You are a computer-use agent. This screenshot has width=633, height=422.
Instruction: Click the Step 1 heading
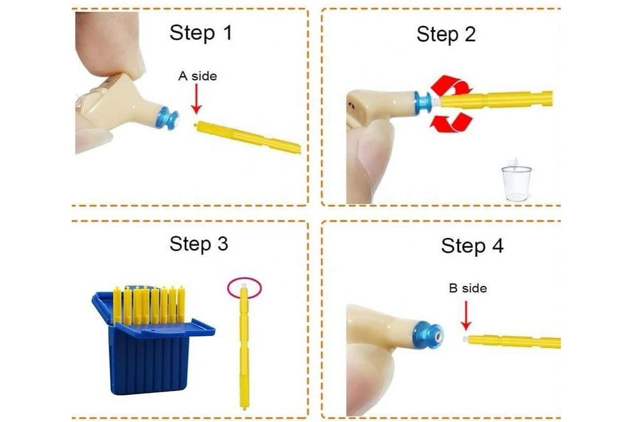pos(201,33)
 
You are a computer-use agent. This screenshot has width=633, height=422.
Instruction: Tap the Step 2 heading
pos(446,34)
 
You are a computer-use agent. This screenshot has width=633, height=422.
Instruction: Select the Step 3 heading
pos(199,244)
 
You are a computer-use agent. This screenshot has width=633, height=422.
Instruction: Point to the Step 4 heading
pos(472,246)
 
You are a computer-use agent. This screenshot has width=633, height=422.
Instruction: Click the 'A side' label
pos(198,76)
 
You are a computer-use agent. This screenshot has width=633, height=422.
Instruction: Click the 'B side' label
pos(468,289)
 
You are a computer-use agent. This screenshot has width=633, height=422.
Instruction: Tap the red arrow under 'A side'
pos(196,99)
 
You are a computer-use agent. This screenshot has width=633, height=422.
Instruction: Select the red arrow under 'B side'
pos(466,315)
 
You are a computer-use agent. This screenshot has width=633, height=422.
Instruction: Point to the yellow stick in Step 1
pos(247,137)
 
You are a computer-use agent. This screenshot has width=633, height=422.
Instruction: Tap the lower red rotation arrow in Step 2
pos(452,122)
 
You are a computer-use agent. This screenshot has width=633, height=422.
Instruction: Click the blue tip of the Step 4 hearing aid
pos(428,336)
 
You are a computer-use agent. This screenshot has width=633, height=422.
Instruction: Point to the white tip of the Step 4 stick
pos(466,339)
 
